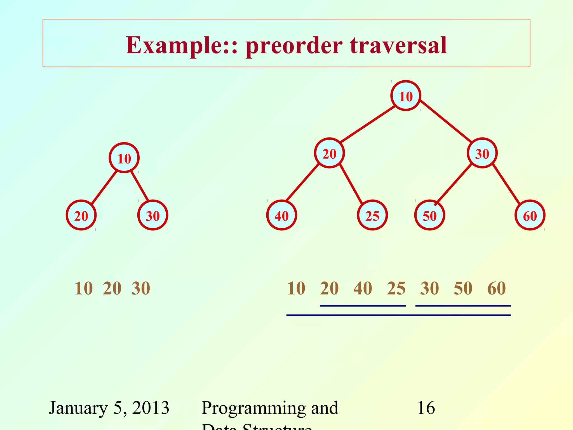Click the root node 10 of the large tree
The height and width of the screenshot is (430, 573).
click(x=406, y=96)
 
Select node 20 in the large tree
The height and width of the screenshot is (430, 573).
click(x=329, y=153)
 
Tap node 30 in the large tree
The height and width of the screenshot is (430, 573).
click(x=482, y=153)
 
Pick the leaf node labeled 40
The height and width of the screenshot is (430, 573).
click(x=281, y=215)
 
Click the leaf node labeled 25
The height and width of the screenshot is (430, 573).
click(x=372, y=215)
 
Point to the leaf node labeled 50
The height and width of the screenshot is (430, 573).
click(x=429, y=215)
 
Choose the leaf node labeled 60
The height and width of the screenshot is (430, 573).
click(x=530, y=215)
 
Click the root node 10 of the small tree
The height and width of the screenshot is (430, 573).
click(x=124, y=158)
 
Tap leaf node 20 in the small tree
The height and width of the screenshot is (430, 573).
click(x=81, y=215)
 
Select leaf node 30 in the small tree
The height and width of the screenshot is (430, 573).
click(x=153, y=215)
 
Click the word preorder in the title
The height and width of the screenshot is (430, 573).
click(x=294, y=46)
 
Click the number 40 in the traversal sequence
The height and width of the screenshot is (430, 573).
click(x=363, y=288)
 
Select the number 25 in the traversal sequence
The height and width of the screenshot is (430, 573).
click(x=396, y=288)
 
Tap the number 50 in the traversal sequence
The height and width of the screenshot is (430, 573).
click(x=463, y=288)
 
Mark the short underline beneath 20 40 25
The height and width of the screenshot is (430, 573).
click(x=363, y=306)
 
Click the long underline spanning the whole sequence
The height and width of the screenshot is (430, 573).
click(x=398, y=316)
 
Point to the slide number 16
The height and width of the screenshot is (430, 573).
click(x=426, y=408)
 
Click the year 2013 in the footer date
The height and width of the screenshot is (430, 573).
click(x=151, y=408)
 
